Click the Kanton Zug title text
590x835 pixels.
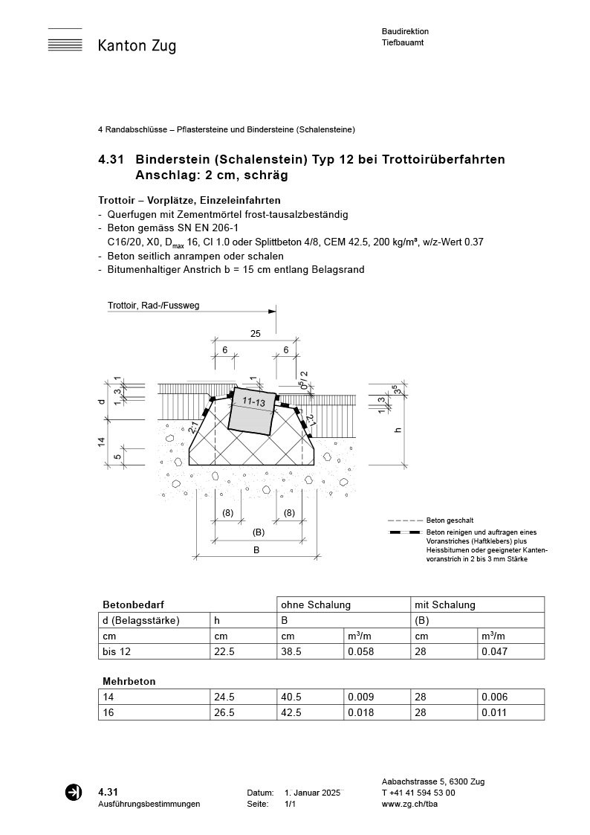[x=137, y=46]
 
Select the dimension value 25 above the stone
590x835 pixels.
[x=255, y=335]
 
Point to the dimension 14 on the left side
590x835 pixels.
[x=101, y=442]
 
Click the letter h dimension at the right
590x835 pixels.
[x=398, y=430]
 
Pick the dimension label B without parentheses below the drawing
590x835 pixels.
[x=256, y=550]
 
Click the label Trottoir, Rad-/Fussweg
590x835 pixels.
[x=154, y=306]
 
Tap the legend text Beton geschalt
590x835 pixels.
[x=450, y=520]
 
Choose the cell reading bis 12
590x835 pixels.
[x=115, y=652]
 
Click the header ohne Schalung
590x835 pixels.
[x=315, y=605]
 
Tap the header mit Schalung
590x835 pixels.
[x=445, y=605]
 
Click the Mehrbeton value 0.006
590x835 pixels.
[x=495, y=697]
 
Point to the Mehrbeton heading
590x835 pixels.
[x=129, y=680]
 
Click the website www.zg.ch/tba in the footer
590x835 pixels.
[x=408, y=804]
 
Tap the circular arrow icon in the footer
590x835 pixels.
[x=74, y=793]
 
